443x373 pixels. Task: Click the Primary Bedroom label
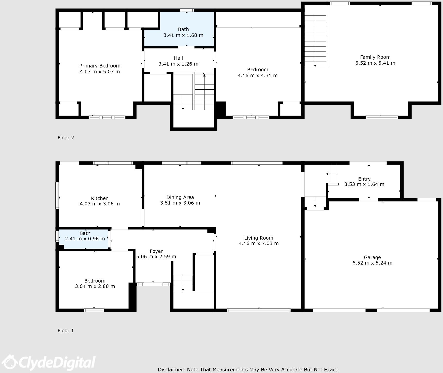[100, 66]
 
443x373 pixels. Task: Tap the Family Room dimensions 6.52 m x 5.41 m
[375, 63]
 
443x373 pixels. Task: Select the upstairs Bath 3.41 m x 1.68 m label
[183, 32]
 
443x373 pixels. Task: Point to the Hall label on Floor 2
[178, 58]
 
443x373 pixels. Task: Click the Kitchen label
[100, 198]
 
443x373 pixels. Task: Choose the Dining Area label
[180, 197]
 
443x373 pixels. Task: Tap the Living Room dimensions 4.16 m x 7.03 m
[259, 243]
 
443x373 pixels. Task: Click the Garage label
[372, 257]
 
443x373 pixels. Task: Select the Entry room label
[364, 179]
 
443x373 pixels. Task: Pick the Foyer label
[156, 251]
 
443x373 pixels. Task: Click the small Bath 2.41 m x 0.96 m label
[85, 236]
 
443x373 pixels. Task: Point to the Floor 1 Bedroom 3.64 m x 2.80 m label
[95, 283]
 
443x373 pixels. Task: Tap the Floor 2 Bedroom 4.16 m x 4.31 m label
[258, 73]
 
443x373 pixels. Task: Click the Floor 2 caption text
[66, 138]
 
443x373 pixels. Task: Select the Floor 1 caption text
[66, 331]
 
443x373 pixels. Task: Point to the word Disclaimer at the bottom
[171, 370]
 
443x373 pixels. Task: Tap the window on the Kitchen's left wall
[57, 195]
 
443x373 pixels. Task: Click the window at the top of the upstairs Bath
[187, 10]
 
